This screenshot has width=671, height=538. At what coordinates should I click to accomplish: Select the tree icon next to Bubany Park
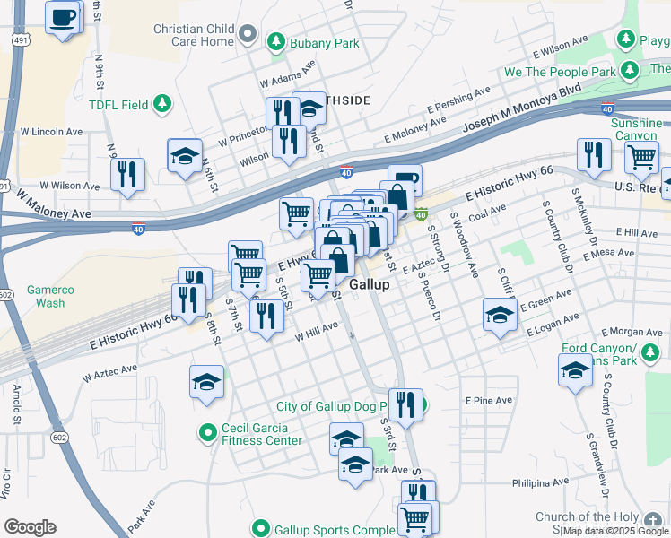[x=277, y=42]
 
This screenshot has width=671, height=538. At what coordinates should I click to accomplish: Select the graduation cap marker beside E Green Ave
[x=500, y=315]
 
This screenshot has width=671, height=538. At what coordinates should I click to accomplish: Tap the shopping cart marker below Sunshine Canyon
[x=641, y=156]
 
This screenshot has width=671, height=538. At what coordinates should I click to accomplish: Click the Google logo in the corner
[x=30, y=527]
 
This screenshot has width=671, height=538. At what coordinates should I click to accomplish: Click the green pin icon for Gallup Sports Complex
[x=261, y=529]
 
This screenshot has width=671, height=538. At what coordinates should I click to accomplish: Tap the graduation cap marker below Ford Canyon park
[x=574, y=369]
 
